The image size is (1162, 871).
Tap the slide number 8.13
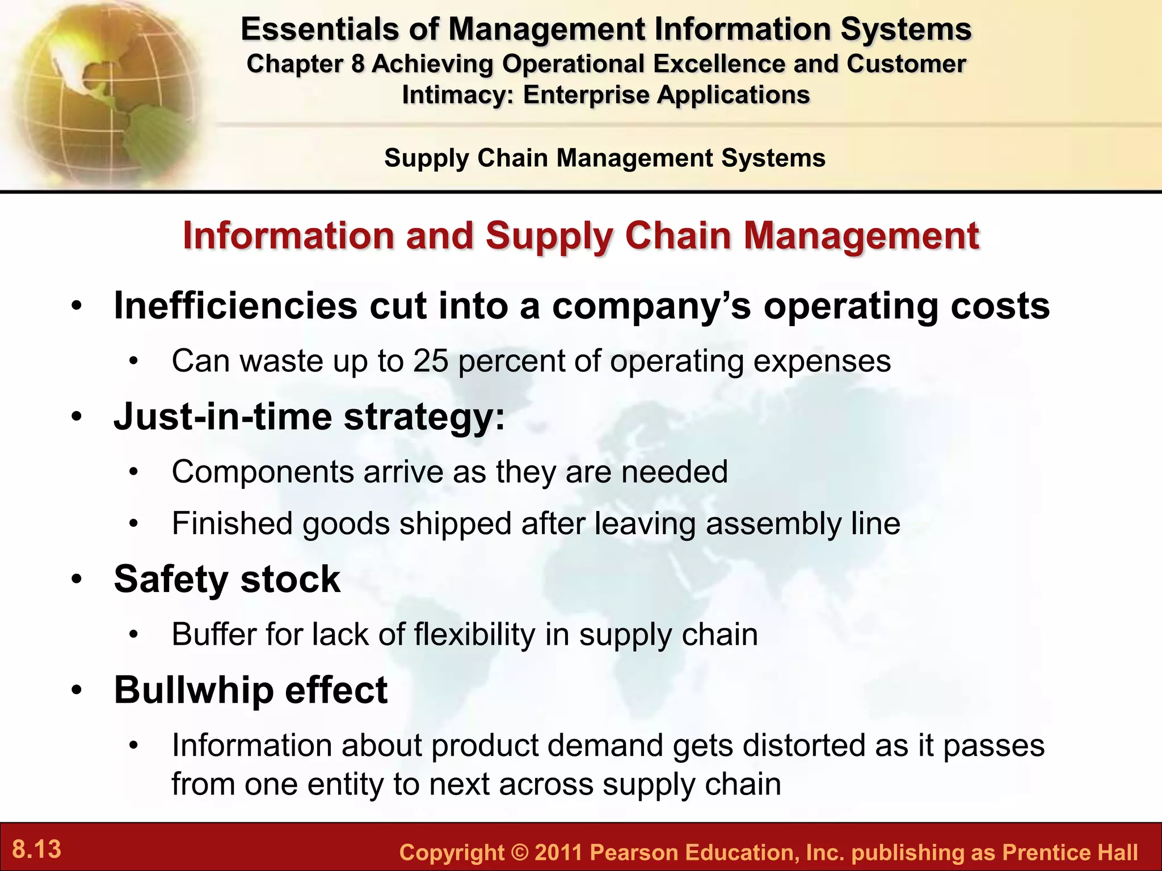pos(37,849)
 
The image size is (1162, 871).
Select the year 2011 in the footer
pos(558,853)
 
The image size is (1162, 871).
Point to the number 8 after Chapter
pos(357,64)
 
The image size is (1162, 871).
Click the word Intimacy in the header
pos(457,95)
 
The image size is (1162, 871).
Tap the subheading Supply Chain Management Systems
pos(604,158)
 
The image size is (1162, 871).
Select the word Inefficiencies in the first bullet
pos(235,306)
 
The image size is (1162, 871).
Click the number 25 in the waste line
pos(431,361)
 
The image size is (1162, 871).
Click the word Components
pos(263,472)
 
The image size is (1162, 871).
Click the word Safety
pos(170,580)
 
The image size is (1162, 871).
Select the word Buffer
pos(213,635)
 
